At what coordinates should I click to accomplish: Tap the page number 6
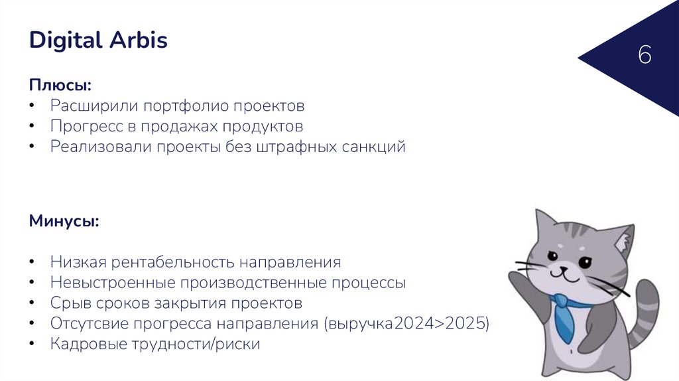645,56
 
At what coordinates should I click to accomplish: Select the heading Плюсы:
60,86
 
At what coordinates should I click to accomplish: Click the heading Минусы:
64,220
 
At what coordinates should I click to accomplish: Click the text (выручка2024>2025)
406,324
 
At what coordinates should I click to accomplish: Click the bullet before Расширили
33,106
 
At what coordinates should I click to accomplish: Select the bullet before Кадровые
33,344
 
